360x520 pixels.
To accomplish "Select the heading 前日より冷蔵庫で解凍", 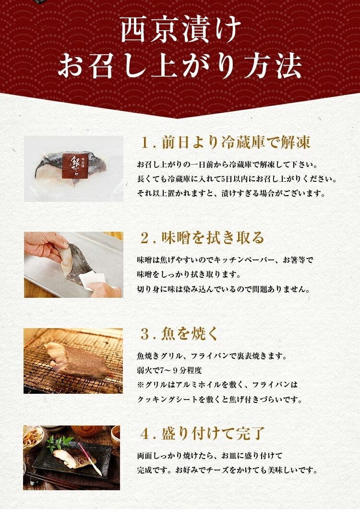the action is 236,142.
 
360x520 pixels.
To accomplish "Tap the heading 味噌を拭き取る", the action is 213,237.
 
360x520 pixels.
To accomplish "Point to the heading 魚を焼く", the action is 190,333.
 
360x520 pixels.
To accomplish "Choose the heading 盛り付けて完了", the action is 213,434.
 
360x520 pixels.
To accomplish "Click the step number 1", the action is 145,143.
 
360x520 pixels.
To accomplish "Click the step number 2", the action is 145,238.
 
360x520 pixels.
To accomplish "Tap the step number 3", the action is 145,334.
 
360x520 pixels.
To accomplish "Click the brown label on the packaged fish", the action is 76,167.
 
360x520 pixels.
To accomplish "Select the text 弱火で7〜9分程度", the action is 169,370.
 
